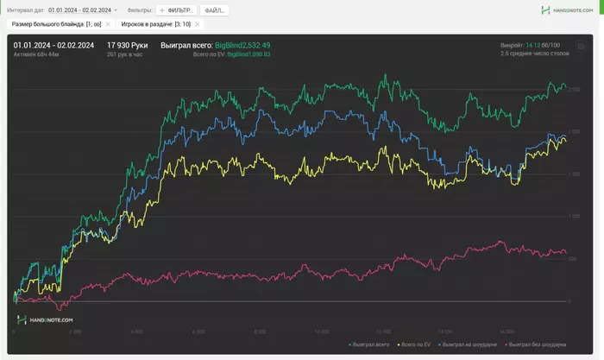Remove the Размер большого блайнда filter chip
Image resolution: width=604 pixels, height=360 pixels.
click(108, 24)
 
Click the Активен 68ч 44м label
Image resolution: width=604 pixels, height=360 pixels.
click(37, 54)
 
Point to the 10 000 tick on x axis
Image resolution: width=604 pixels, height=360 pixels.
click(322, 331)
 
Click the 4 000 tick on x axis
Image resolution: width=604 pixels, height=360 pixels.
click(136, 331)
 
